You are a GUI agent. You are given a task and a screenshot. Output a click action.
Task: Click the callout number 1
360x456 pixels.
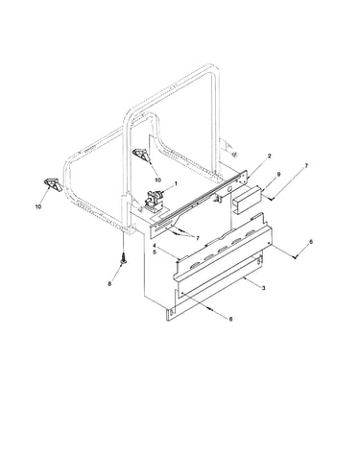(176, 183)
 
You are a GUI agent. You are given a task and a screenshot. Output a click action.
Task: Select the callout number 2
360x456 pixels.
(269, 156)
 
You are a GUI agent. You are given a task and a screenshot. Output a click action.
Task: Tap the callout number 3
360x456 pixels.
(263, 288)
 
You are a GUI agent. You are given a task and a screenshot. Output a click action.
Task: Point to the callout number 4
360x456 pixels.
(155, 246)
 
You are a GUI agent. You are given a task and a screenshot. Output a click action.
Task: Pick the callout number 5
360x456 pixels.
(155, 252)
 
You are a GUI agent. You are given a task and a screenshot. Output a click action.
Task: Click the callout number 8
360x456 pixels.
(109, 283)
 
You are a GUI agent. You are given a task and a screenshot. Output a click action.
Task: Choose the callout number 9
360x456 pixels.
(278, 174)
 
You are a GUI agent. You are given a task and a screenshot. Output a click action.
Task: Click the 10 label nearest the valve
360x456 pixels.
(157, 180)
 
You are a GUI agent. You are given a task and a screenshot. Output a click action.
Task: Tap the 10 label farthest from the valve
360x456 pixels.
(38, 206)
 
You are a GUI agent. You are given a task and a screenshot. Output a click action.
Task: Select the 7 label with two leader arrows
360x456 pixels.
(198, 238)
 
